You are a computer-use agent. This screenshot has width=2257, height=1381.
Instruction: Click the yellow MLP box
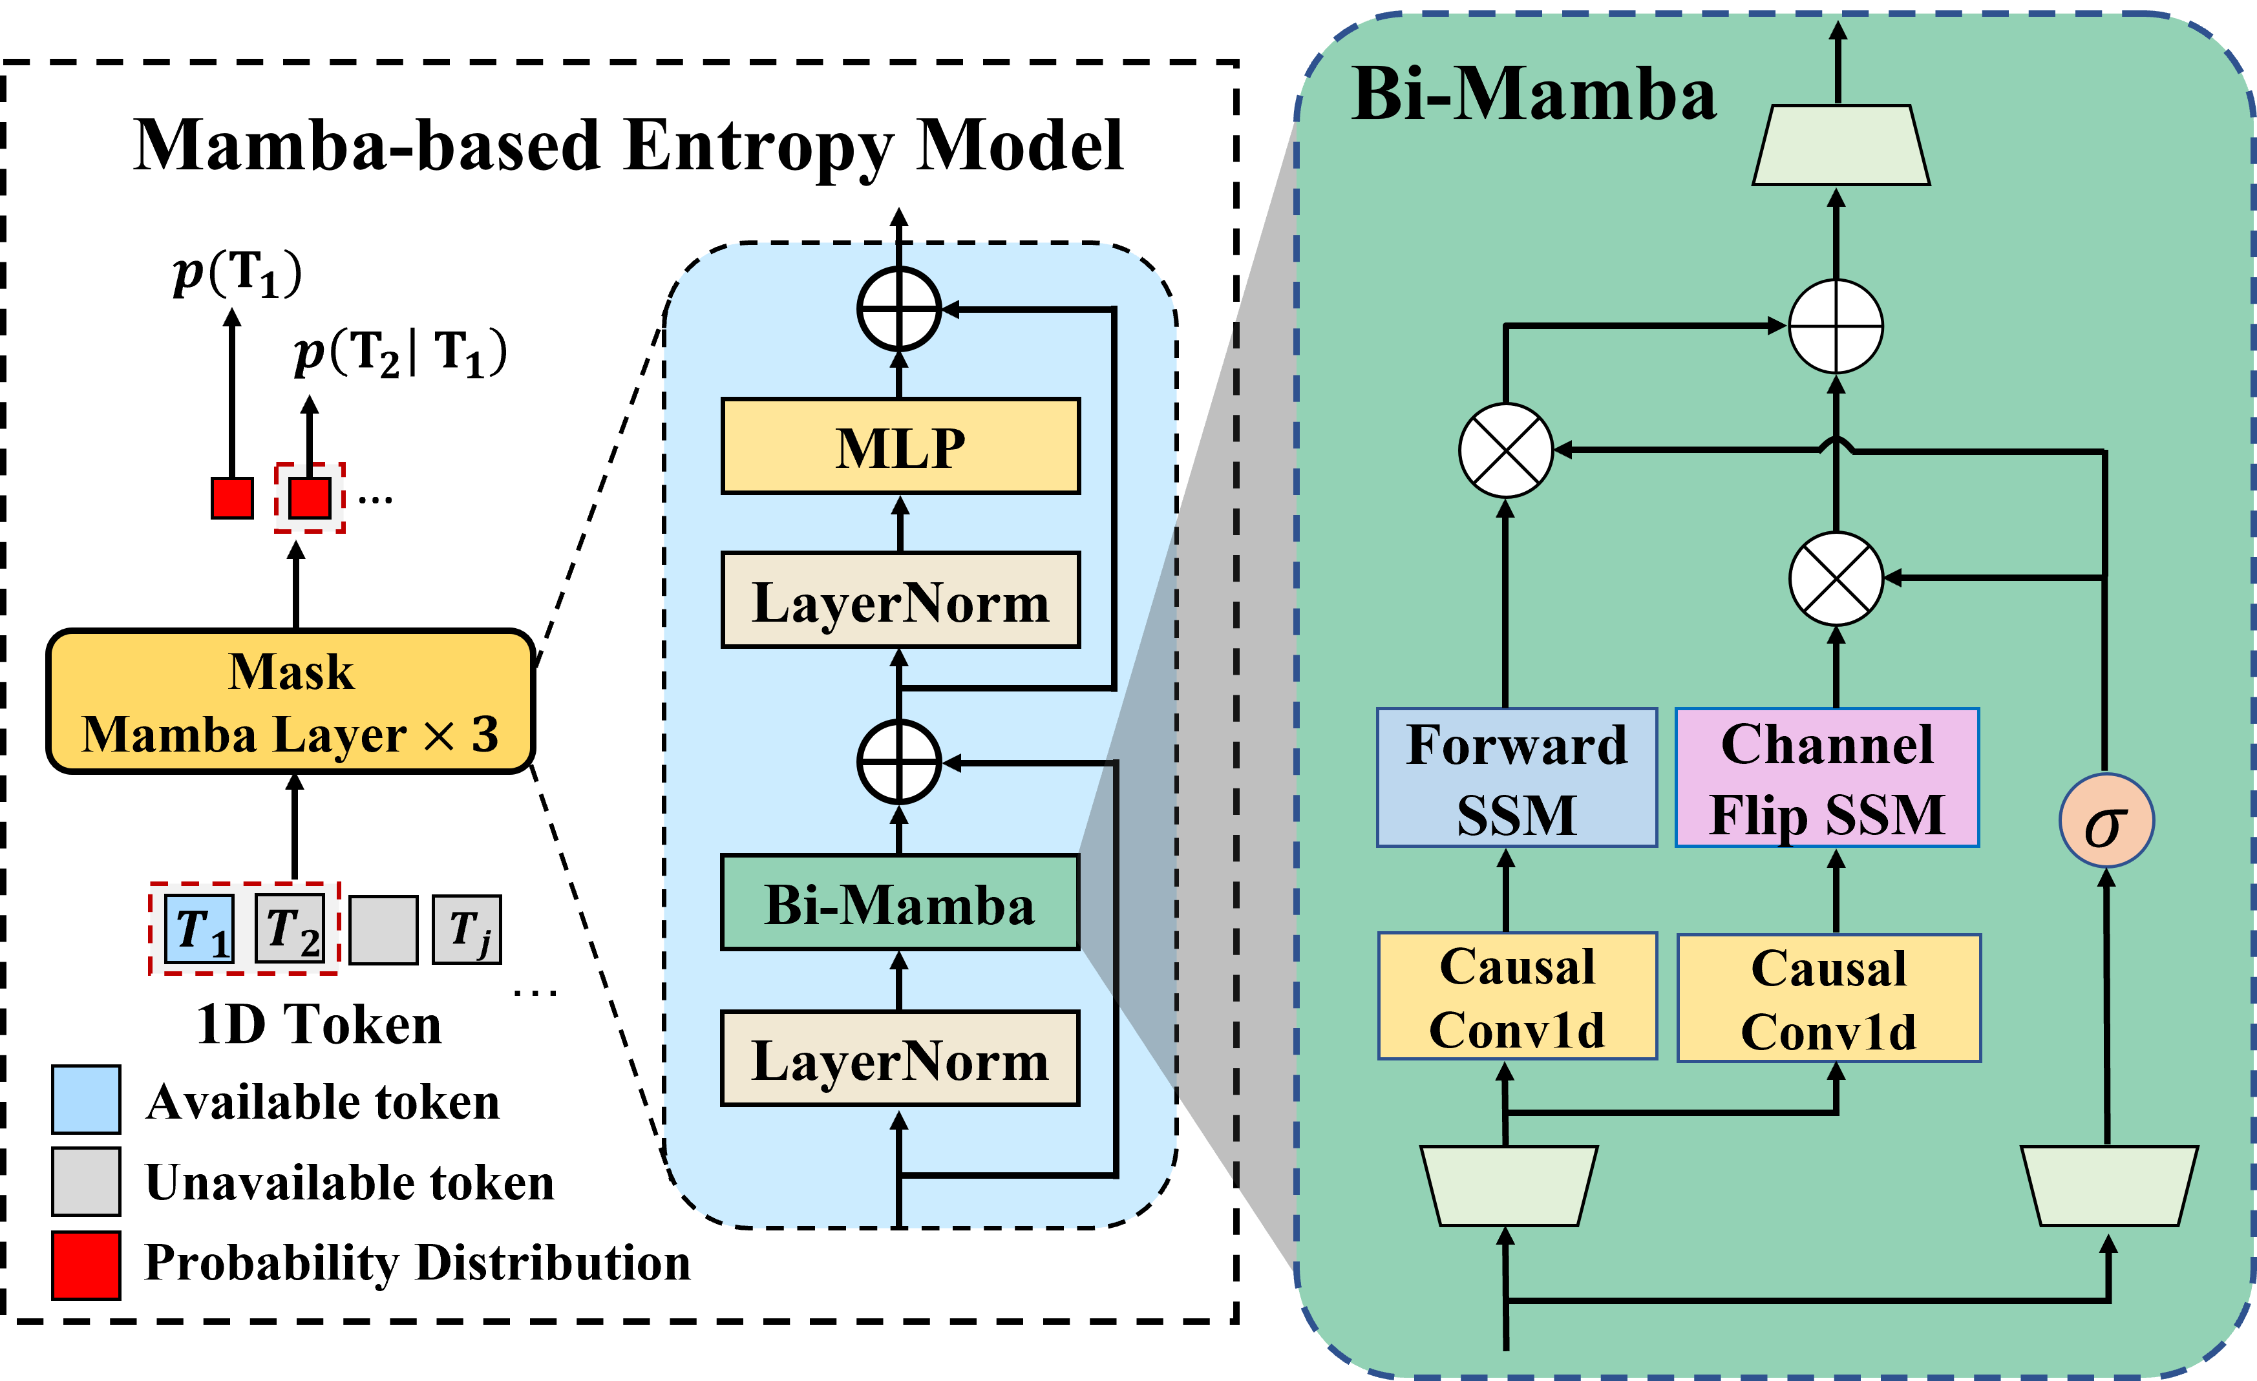click(900, 447)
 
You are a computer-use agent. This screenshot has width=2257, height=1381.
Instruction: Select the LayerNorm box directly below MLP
click(900, 601)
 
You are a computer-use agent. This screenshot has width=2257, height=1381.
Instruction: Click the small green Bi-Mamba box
click(900, 903)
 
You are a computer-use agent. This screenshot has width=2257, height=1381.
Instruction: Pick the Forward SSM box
click(1517, 777)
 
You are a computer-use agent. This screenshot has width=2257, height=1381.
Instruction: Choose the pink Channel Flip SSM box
click(1827, 777)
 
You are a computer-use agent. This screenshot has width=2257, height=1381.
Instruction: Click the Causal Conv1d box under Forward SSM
click(1517, 996)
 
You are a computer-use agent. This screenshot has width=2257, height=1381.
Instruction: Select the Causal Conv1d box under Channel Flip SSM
click(1829, 998)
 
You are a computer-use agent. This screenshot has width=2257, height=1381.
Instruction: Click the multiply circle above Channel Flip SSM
click(1836, 579)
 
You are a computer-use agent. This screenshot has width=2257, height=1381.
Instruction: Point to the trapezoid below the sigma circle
click(2108, 1186)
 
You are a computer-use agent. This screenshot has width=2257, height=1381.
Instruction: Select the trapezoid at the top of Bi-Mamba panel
click(1841, 145)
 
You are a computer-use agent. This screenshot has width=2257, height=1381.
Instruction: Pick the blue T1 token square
click(200, 929)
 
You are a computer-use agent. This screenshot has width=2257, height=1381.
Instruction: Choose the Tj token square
click(467, 929)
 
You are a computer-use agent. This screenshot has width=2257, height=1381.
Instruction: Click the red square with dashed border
click(310, 498)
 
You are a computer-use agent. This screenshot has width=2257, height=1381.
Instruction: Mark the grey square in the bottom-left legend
click(86, 1181)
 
